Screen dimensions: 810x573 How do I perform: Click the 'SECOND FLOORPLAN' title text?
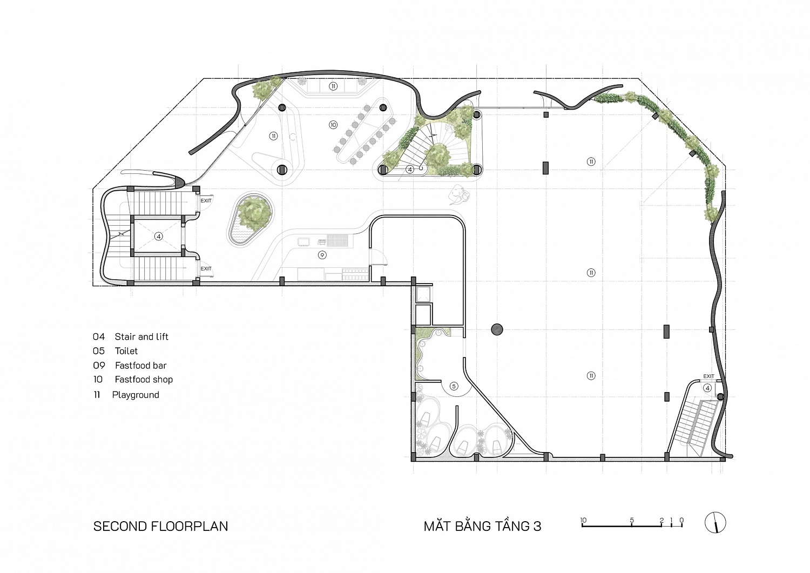(160, 527)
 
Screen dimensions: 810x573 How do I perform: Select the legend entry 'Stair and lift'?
(141, 337)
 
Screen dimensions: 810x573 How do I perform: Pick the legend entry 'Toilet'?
(126, 351)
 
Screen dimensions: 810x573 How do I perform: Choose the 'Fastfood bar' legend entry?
(140, 366)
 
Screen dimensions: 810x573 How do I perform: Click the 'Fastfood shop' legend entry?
(144, 380)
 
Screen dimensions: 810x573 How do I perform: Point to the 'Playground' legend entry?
(136, 395)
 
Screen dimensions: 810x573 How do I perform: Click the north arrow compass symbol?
(715, 523)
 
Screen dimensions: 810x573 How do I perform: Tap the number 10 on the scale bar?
(583, 520)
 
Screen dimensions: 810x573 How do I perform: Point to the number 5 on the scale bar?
(632, 520)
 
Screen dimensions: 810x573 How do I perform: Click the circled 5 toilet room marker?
(454, 386)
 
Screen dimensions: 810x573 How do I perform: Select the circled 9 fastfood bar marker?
(322, 255)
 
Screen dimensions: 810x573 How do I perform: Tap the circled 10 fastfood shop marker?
(333, 125)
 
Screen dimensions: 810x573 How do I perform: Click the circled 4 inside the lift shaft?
(158, 236)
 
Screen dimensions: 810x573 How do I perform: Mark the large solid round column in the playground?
(497, 329)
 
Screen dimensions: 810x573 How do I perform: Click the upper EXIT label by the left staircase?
(206, 201)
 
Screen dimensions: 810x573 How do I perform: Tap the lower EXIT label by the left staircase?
(206, 269)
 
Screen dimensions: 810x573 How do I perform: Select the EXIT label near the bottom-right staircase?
(708, 376)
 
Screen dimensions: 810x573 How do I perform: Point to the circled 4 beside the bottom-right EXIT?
(707, 388)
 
